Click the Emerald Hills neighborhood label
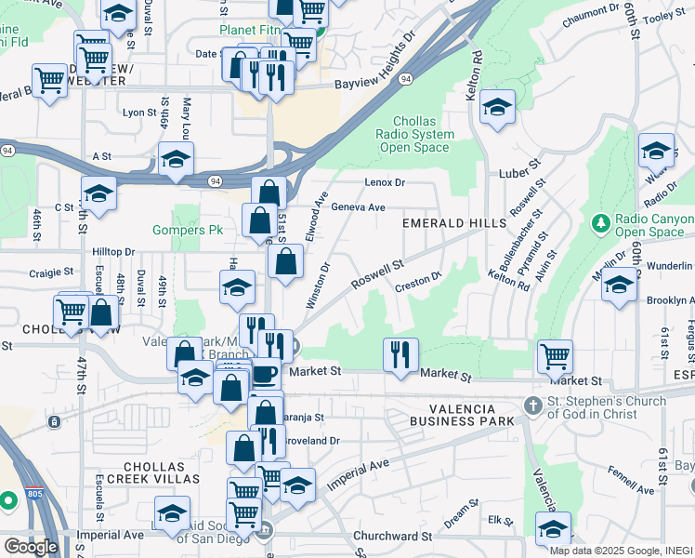(453, 223)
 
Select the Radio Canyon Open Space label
(654, 226)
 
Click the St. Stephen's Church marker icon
(532, 405)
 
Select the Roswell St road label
(376, 272)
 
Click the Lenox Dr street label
(385, 182)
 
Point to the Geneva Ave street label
(358, 207)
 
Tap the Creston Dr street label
(415, 279)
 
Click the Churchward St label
(393, 537)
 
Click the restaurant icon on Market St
(400, 354)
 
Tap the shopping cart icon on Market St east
(555, 355)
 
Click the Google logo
(31, 547)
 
